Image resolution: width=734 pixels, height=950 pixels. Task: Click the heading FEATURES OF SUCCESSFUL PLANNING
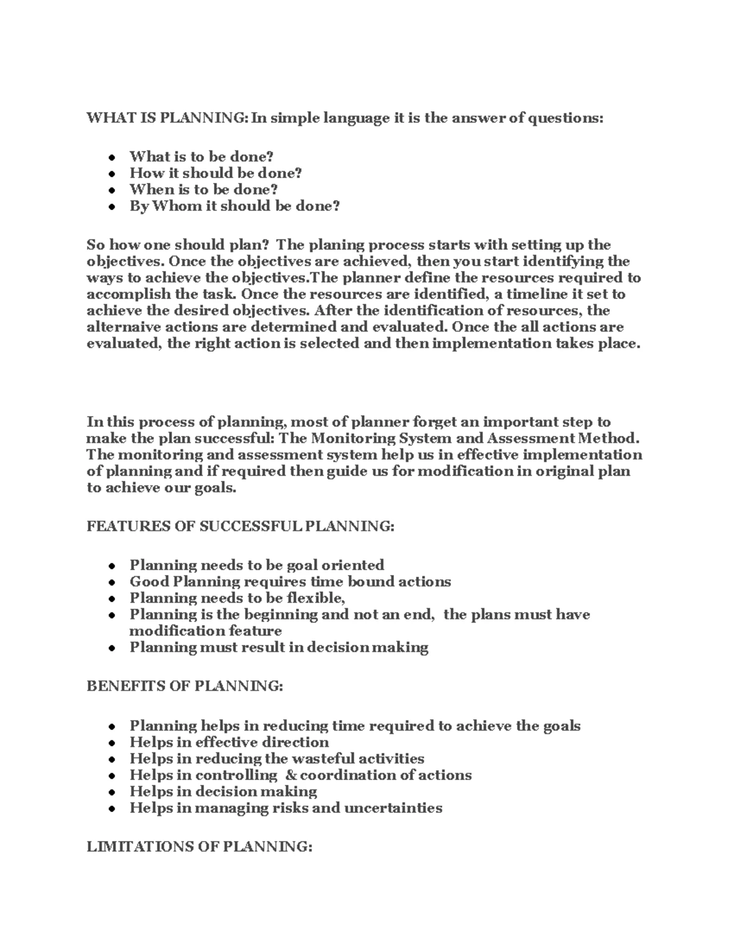click(x=240, y=526)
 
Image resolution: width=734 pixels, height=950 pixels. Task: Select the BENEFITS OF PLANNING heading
click(x=185, y=686)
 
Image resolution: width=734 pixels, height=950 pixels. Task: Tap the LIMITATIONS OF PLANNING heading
click(x=199, y=847)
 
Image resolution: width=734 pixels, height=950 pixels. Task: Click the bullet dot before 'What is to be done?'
click(x=112, y=158)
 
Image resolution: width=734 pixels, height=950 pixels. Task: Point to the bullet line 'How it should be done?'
click(x=215, y=173)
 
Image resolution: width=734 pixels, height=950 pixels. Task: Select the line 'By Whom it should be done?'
click(x=234, y=206)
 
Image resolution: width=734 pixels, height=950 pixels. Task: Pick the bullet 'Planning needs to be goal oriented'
click(x=256, y=565)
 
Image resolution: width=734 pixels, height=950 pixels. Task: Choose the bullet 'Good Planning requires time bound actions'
click(x=290, y=581)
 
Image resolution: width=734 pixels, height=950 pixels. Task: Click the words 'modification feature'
click(x=206, y=631)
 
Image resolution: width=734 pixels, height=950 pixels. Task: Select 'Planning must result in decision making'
click(x=278, y=647)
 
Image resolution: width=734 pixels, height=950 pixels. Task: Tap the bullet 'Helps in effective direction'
click(x=229, y=742)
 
